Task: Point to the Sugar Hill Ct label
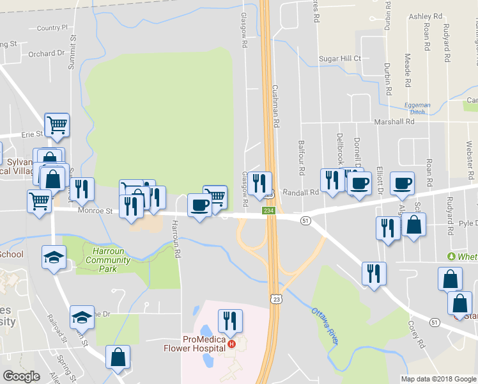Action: tap(340, 59)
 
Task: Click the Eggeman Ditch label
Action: tap(417, 108)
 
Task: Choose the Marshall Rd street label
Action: tap(395, 122)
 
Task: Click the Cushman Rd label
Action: tap(276, 105)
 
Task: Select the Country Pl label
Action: tap(52, 28)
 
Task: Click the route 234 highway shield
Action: tap(269, 211)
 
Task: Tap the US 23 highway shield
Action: tap(275, 299)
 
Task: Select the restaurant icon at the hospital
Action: tap(230, 321)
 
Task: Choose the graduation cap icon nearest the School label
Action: tap(54, 257)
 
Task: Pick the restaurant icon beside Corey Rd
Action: tap(374, 273)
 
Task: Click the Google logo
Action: tap(22, 376)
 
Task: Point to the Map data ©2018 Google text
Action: tap(438, 379)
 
